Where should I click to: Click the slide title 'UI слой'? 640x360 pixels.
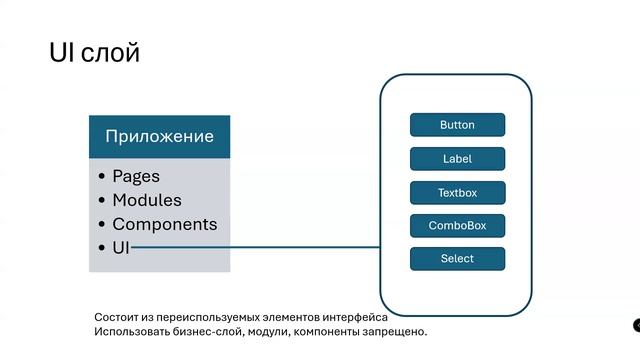click(x=94, y=53)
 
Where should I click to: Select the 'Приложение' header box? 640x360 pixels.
click(x=159, y=136)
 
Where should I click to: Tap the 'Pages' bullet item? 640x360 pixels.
click(x=135, y=176)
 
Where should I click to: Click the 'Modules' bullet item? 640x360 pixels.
click(x=146, y=200)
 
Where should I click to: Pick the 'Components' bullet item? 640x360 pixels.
click(x=164, y=224)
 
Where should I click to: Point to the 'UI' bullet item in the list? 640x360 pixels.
click(x=121, y=247)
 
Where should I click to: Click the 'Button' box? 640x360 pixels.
click(x=457, y=125)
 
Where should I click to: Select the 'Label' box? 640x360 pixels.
click(x=457, y=159)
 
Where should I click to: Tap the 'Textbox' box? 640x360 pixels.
click(x=457, y=192)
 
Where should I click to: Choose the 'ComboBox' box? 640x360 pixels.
click(x=457, y=226)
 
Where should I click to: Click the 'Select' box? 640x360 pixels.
click(x=457, y=259)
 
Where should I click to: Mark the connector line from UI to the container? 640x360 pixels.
click(x=255, y=247)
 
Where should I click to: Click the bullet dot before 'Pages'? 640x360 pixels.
click(x=102, y=177)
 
